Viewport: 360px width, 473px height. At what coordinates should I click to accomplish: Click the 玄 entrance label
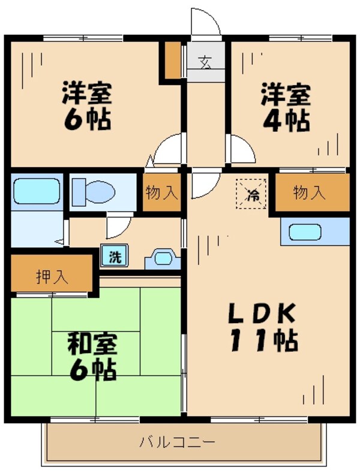tap(206, 62)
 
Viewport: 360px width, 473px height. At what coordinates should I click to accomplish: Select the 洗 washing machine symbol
tap(114, 257)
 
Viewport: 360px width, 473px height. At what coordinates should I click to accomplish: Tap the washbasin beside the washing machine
tap(163, 258)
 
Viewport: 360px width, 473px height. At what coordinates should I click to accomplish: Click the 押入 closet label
tap(52, 278)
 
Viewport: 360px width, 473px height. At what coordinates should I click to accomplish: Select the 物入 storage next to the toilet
tap(161, 192)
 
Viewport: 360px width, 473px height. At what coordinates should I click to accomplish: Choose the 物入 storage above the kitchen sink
tap(310, 192)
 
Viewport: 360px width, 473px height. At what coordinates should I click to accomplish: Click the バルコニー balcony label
tap(177, 443)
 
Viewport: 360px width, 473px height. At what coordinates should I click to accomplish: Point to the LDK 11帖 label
tap(262, 327)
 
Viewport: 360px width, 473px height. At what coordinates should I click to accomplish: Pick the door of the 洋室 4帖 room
tap(241, 149)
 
